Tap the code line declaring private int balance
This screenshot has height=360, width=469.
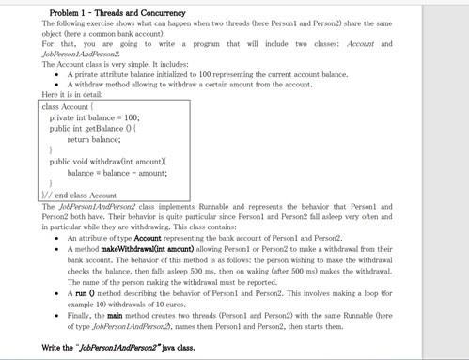coord(94,117)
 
